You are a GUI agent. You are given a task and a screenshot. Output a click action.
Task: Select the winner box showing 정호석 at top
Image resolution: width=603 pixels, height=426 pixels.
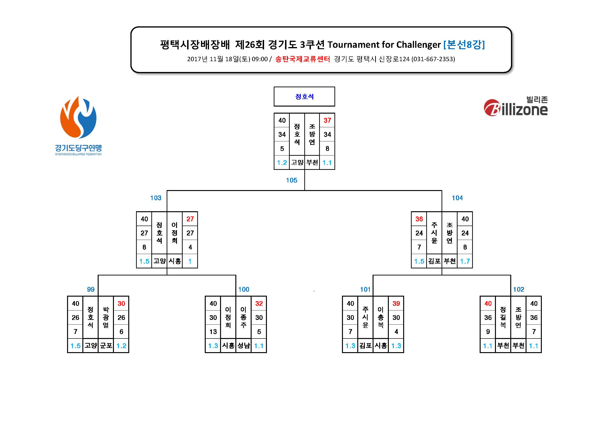(x=304, y=97)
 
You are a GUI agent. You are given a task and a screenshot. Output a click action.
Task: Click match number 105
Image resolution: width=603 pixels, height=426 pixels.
(x=292, y=180)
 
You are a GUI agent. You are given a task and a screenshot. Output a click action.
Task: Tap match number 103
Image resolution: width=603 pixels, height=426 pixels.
(x=156, y=198)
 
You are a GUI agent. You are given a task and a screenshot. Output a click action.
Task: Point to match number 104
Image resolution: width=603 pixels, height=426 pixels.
(x=457, y=198)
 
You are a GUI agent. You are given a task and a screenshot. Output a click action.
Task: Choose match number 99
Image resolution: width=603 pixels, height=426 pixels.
(x=91, y=290)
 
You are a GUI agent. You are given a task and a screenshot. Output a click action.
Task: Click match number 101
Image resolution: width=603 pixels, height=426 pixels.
(x=365, y=290)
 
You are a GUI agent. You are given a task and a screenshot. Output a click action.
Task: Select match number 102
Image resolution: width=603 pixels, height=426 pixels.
(x=519, y=290)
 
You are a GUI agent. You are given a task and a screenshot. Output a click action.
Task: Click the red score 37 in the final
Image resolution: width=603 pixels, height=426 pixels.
(x=327, y=120)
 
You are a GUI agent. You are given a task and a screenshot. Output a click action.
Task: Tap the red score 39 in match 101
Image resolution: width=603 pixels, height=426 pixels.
(x=396, y=304)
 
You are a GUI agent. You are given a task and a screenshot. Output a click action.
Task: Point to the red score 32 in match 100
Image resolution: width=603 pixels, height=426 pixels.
(x=259, y=304)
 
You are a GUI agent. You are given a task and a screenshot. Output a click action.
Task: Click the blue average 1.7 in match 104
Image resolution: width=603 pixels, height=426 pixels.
(x=465, y=261)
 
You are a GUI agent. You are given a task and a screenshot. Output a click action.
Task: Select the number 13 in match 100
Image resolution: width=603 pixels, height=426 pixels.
(x=213, y=332)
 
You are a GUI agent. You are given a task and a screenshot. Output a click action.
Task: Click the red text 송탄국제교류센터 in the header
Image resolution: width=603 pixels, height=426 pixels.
(x=302, y=59)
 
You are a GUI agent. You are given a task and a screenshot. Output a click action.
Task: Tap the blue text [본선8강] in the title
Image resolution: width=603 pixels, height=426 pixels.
(x=464, y=44)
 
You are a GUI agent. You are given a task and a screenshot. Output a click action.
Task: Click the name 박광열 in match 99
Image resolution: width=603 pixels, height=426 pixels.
(x=106, y=317)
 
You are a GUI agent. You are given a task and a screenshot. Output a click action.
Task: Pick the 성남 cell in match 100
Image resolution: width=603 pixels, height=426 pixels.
(x=244, y=346)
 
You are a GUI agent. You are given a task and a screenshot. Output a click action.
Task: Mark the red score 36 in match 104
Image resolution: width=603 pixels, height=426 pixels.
(x=419, y=219)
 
